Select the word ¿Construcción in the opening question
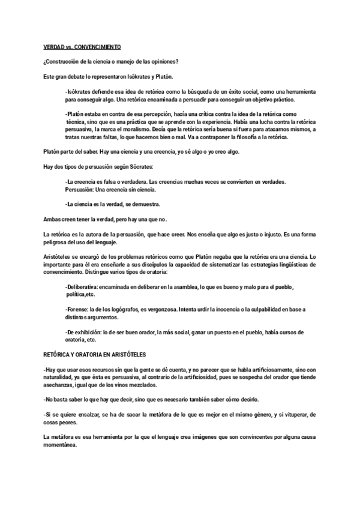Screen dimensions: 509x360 tap(62, 61)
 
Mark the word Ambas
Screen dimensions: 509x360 tap(52, 218)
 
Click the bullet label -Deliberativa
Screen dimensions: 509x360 tap(82, 287)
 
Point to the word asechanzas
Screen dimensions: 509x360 tap(61, 384)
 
